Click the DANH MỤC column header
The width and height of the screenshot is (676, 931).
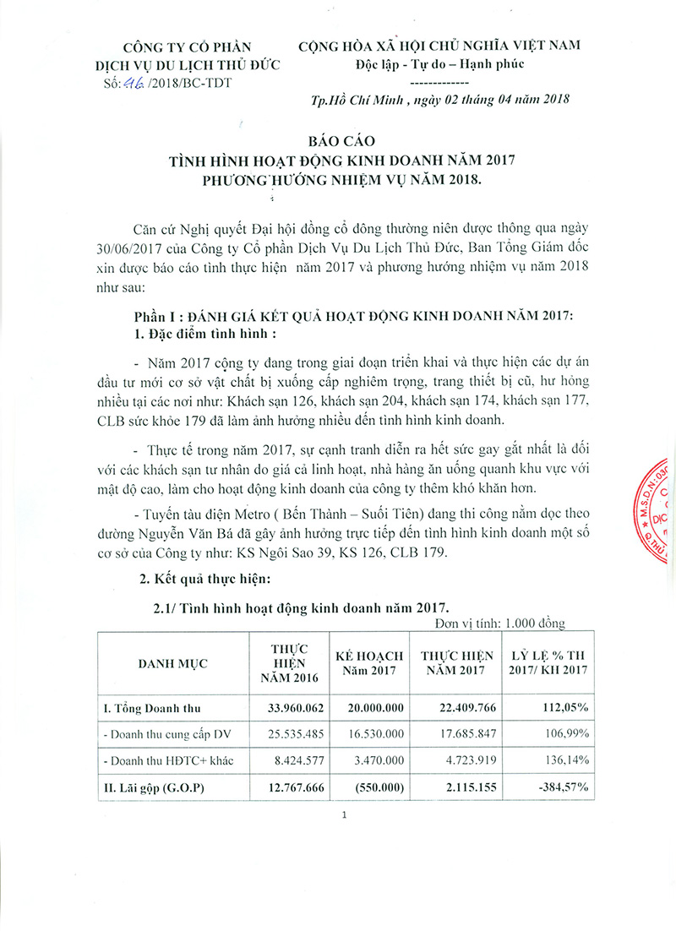point(173,663)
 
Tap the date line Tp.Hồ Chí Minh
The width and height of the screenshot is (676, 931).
point(439,99)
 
